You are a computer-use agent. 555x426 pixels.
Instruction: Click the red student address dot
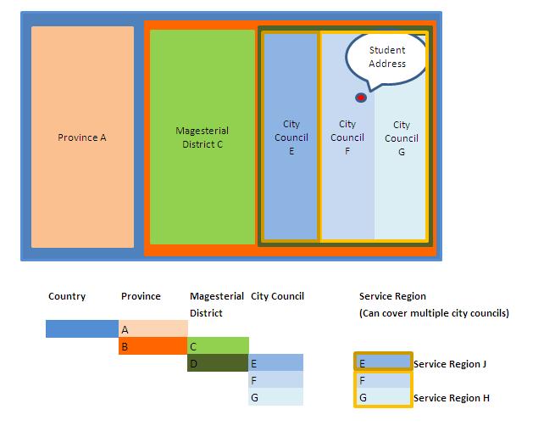[361, 98]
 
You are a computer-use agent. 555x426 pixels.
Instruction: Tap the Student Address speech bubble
[387, 58]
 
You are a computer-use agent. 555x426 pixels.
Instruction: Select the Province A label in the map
[82, 137]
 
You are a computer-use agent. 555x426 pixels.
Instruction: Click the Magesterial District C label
[203, 137]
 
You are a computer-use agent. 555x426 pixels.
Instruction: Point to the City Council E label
[291, 137]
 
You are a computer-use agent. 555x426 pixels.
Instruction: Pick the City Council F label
[347, 137]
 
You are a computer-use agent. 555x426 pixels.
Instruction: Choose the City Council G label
[401, 137]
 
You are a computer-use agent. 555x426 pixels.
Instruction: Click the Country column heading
[67, 296]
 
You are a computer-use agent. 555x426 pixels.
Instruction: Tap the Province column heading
[141, 296]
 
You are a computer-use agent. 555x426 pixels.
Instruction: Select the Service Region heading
[392, 296]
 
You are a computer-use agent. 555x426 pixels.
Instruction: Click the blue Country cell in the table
[81, 328]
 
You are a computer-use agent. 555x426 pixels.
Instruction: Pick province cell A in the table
[153, 329]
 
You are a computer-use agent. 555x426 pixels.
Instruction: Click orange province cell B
[153, 346]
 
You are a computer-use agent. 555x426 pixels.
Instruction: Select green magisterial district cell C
[219, 346]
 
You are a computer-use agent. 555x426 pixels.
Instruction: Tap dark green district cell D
[219, 363]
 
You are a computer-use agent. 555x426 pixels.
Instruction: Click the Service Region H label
[452, 398]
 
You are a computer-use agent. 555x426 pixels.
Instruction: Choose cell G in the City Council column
[276, 397]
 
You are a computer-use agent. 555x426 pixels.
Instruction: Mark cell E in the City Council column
[276, 363]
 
